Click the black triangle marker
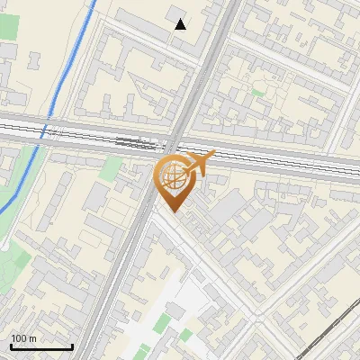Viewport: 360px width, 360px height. click(x=181, y=24)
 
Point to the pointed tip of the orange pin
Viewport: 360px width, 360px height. click(x=171, y=212)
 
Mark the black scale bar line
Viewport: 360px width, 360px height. click(x=41, y=347)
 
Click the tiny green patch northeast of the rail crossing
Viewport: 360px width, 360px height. click(x=259, y=91)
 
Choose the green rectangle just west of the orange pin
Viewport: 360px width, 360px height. click(x=112, y=169)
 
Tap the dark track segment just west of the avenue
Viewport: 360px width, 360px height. click(x=135, y=141)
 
